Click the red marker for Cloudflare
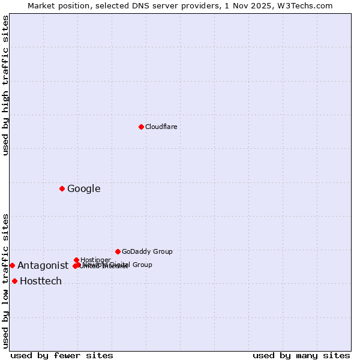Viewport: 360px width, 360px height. click(x=141, y=127)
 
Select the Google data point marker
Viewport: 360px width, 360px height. click(x=62, y=188)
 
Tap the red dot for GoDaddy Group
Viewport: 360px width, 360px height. click(x=118, y=251)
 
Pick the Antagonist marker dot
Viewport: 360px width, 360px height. click(x=12, y=265)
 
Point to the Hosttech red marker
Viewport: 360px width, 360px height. click(x=14, y=281)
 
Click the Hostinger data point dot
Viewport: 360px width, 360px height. click(x=76, y=260)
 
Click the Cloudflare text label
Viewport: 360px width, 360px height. click(x=161, y=127)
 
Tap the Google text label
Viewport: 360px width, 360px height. click(x=83, y=189)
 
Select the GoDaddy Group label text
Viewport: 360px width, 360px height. click(x=147, y=251)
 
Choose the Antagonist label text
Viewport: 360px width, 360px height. click(x=43, y=266)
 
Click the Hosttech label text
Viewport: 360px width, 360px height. click(x=41, y=281)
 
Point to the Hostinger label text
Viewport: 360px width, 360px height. click(x=95, y=260)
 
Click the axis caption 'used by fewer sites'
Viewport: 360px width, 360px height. click(x=62, y=355)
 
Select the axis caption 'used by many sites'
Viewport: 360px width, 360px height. click(x=301, y=355)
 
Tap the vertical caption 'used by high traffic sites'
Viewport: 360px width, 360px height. click(x=5, y=85)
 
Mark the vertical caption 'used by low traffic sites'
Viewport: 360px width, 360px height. click(x=5, y=281)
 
